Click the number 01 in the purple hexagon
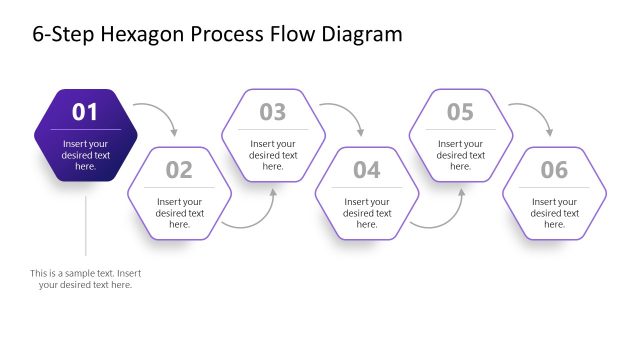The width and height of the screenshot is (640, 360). [x=85, y=112]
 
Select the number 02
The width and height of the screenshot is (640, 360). [x=179, y=170]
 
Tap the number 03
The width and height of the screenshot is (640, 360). [x=273, y=112]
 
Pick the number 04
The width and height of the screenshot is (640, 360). [x=367, y=170]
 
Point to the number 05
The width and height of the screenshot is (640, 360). [x=460, y=112]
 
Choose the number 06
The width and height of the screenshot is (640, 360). [x=554, y=170]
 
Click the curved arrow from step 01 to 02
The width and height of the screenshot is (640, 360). [x=160, y=112]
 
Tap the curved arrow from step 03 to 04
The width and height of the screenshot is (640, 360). [x=347, y=112]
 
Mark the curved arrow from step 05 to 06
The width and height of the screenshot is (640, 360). [x=535, y=112]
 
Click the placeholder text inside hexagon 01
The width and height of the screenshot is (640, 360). [x=86, y=155]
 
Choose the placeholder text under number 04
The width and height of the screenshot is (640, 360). [x=367, y=213]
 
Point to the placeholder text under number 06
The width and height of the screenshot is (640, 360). [x=554, y=213]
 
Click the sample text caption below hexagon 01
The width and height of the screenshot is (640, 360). [x=85, y=279]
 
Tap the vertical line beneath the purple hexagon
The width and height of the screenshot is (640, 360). [x=86, y=225]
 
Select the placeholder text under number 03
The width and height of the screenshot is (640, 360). [x=273, y=155]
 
